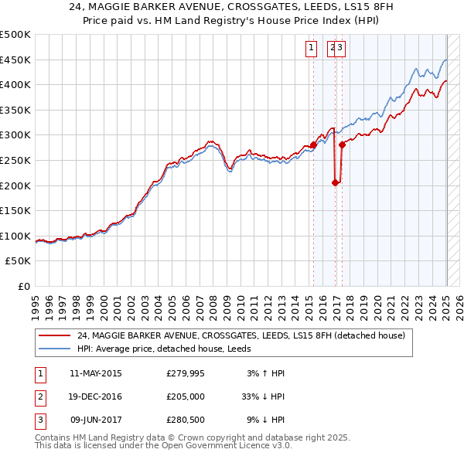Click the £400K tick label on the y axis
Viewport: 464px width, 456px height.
point(15,84)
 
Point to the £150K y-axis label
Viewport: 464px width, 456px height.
point(15,210)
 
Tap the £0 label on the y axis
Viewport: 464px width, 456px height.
point(23,286)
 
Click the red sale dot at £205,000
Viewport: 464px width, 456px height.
point(336,183)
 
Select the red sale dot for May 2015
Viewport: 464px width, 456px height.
point(313,145)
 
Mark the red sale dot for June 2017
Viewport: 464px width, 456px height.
point(342,145)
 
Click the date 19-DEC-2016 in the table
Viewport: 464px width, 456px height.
point(95,397)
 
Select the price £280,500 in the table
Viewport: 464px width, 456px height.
point(185,420)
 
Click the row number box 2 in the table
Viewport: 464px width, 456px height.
point(39,397)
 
